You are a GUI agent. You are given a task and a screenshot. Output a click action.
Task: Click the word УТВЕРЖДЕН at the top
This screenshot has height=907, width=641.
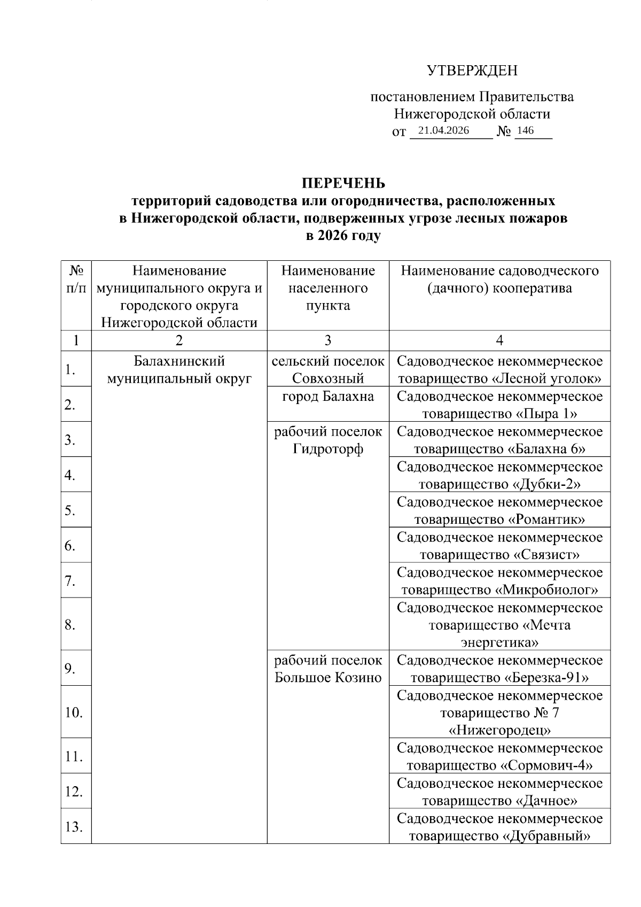click(472, 71)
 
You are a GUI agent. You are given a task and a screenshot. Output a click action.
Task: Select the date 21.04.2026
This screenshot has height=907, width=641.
click(443, 130)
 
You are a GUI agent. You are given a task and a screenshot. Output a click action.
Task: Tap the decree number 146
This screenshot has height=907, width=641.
click(526, 130)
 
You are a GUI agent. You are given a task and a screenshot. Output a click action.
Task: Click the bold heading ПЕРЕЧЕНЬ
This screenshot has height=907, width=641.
click(343, 183)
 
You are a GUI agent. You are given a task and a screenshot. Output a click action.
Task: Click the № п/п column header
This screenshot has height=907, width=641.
click(76, 279)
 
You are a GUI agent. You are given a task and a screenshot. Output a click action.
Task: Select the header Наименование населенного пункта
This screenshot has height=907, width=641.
click(328, 288)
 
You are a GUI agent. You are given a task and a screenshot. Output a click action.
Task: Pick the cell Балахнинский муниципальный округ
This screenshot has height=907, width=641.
click(179, 370)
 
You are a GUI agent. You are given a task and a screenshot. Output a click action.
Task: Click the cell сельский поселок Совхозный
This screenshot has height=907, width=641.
click(328, 370)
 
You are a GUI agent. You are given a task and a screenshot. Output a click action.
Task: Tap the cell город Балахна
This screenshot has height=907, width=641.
click(328, 397)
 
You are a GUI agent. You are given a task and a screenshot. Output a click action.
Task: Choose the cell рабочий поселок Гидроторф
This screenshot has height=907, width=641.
click(328, 440)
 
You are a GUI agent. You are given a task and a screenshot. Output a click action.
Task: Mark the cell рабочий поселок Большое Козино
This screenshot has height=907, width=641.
click(328, 669)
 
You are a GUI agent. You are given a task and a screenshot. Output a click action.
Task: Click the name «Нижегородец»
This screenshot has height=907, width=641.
click(499, 730)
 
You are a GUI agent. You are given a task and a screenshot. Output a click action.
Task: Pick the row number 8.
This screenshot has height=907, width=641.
click(70, 624)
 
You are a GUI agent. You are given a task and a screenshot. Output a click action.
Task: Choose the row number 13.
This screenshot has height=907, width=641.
click(73, 827)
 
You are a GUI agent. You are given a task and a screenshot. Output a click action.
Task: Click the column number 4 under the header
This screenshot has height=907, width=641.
click(499, 340)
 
